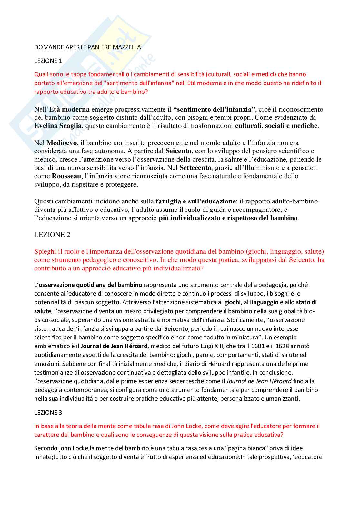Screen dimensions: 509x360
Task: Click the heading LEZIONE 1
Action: click(48, 61)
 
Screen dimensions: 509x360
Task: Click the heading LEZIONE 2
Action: click(52, 235)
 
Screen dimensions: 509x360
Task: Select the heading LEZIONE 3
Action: click(48, 412)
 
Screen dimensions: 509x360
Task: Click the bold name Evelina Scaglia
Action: click(58, 126)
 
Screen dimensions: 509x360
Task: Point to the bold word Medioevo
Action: click(62, 143)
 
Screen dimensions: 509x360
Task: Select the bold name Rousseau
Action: click(66, 176)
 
